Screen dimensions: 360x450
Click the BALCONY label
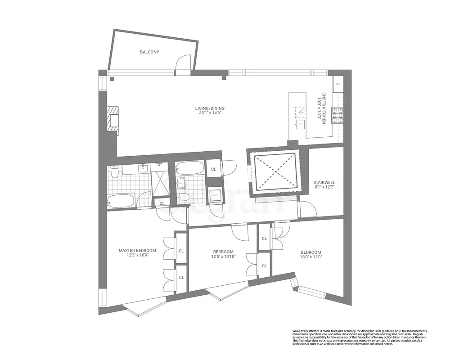point(149,52)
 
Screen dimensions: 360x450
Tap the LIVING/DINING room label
point(210,108)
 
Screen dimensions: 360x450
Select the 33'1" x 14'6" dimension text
point(210,114)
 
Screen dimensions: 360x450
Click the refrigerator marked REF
point(338,84)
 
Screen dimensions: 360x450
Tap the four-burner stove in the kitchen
point(337,116)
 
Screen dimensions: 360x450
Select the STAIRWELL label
point(324,183)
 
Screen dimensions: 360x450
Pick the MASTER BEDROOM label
point(137,251)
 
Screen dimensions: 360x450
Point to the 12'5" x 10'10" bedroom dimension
point(223,257)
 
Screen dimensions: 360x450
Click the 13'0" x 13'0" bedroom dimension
point(311,258)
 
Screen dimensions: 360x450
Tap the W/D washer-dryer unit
point(215,195)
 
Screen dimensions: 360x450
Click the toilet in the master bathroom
point(114,171)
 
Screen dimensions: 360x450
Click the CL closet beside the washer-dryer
point(213,170)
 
